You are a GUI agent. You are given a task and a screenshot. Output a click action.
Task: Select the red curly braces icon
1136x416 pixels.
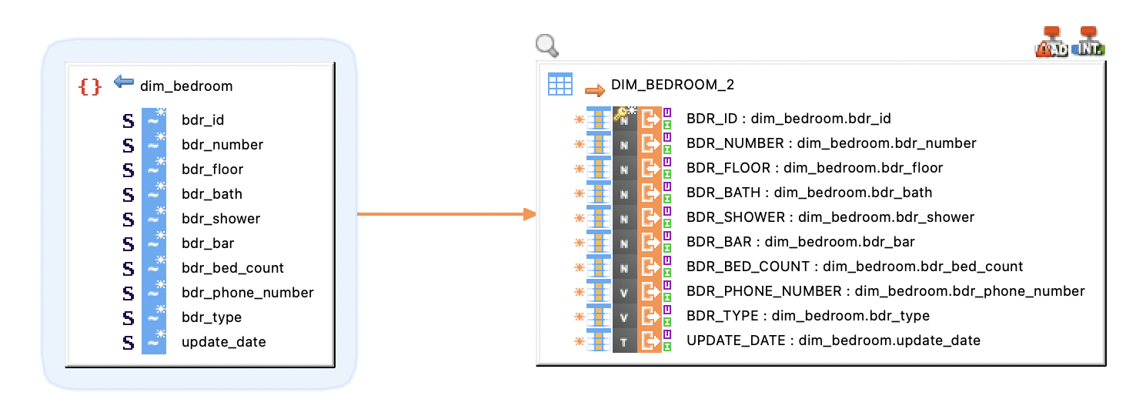(89, 86)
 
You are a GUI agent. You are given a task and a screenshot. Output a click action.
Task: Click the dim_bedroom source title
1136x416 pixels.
(186, 86)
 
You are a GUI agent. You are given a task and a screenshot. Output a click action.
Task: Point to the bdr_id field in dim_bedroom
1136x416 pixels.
(203, 120)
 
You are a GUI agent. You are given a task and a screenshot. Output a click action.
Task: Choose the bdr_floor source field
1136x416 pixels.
(212, 169)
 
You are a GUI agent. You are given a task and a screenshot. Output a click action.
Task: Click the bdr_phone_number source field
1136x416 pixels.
(248, 293)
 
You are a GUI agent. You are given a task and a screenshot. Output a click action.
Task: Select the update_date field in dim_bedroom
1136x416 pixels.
(224, 342)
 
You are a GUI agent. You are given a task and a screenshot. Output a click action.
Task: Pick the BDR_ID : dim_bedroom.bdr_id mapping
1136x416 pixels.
(789, 119)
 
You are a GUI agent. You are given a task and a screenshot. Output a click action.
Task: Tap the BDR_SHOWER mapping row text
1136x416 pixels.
(830, 217)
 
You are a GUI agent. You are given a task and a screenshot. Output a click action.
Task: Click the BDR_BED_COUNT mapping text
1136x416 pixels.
(854, 267)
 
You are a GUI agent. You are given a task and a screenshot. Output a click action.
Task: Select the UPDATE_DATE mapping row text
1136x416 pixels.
(834, 341)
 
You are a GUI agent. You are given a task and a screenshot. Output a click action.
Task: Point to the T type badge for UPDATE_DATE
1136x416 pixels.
(624, 341)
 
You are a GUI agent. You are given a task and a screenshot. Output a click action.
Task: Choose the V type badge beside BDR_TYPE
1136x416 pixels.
(624, 317)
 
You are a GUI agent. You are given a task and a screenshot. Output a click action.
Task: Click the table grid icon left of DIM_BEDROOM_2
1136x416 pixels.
(560, 84)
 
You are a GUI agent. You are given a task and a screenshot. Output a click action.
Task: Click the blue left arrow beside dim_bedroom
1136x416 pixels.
(123, 82)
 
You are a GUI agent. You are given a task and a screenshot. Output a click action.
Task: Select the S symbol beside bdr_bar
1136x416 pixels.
(129, 243)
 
